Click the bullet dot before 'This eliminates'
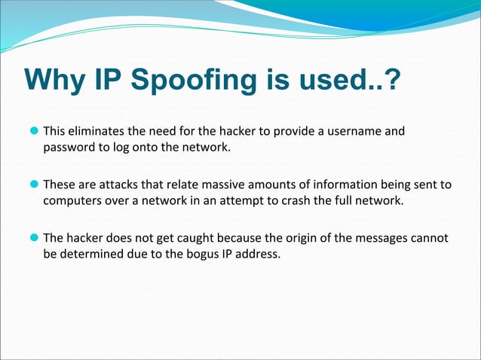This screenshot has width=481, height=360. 35,132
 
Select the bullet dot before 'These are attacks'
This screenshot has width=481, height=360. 35,185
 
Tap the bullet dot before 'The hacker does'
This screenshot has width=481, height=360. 35,238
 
